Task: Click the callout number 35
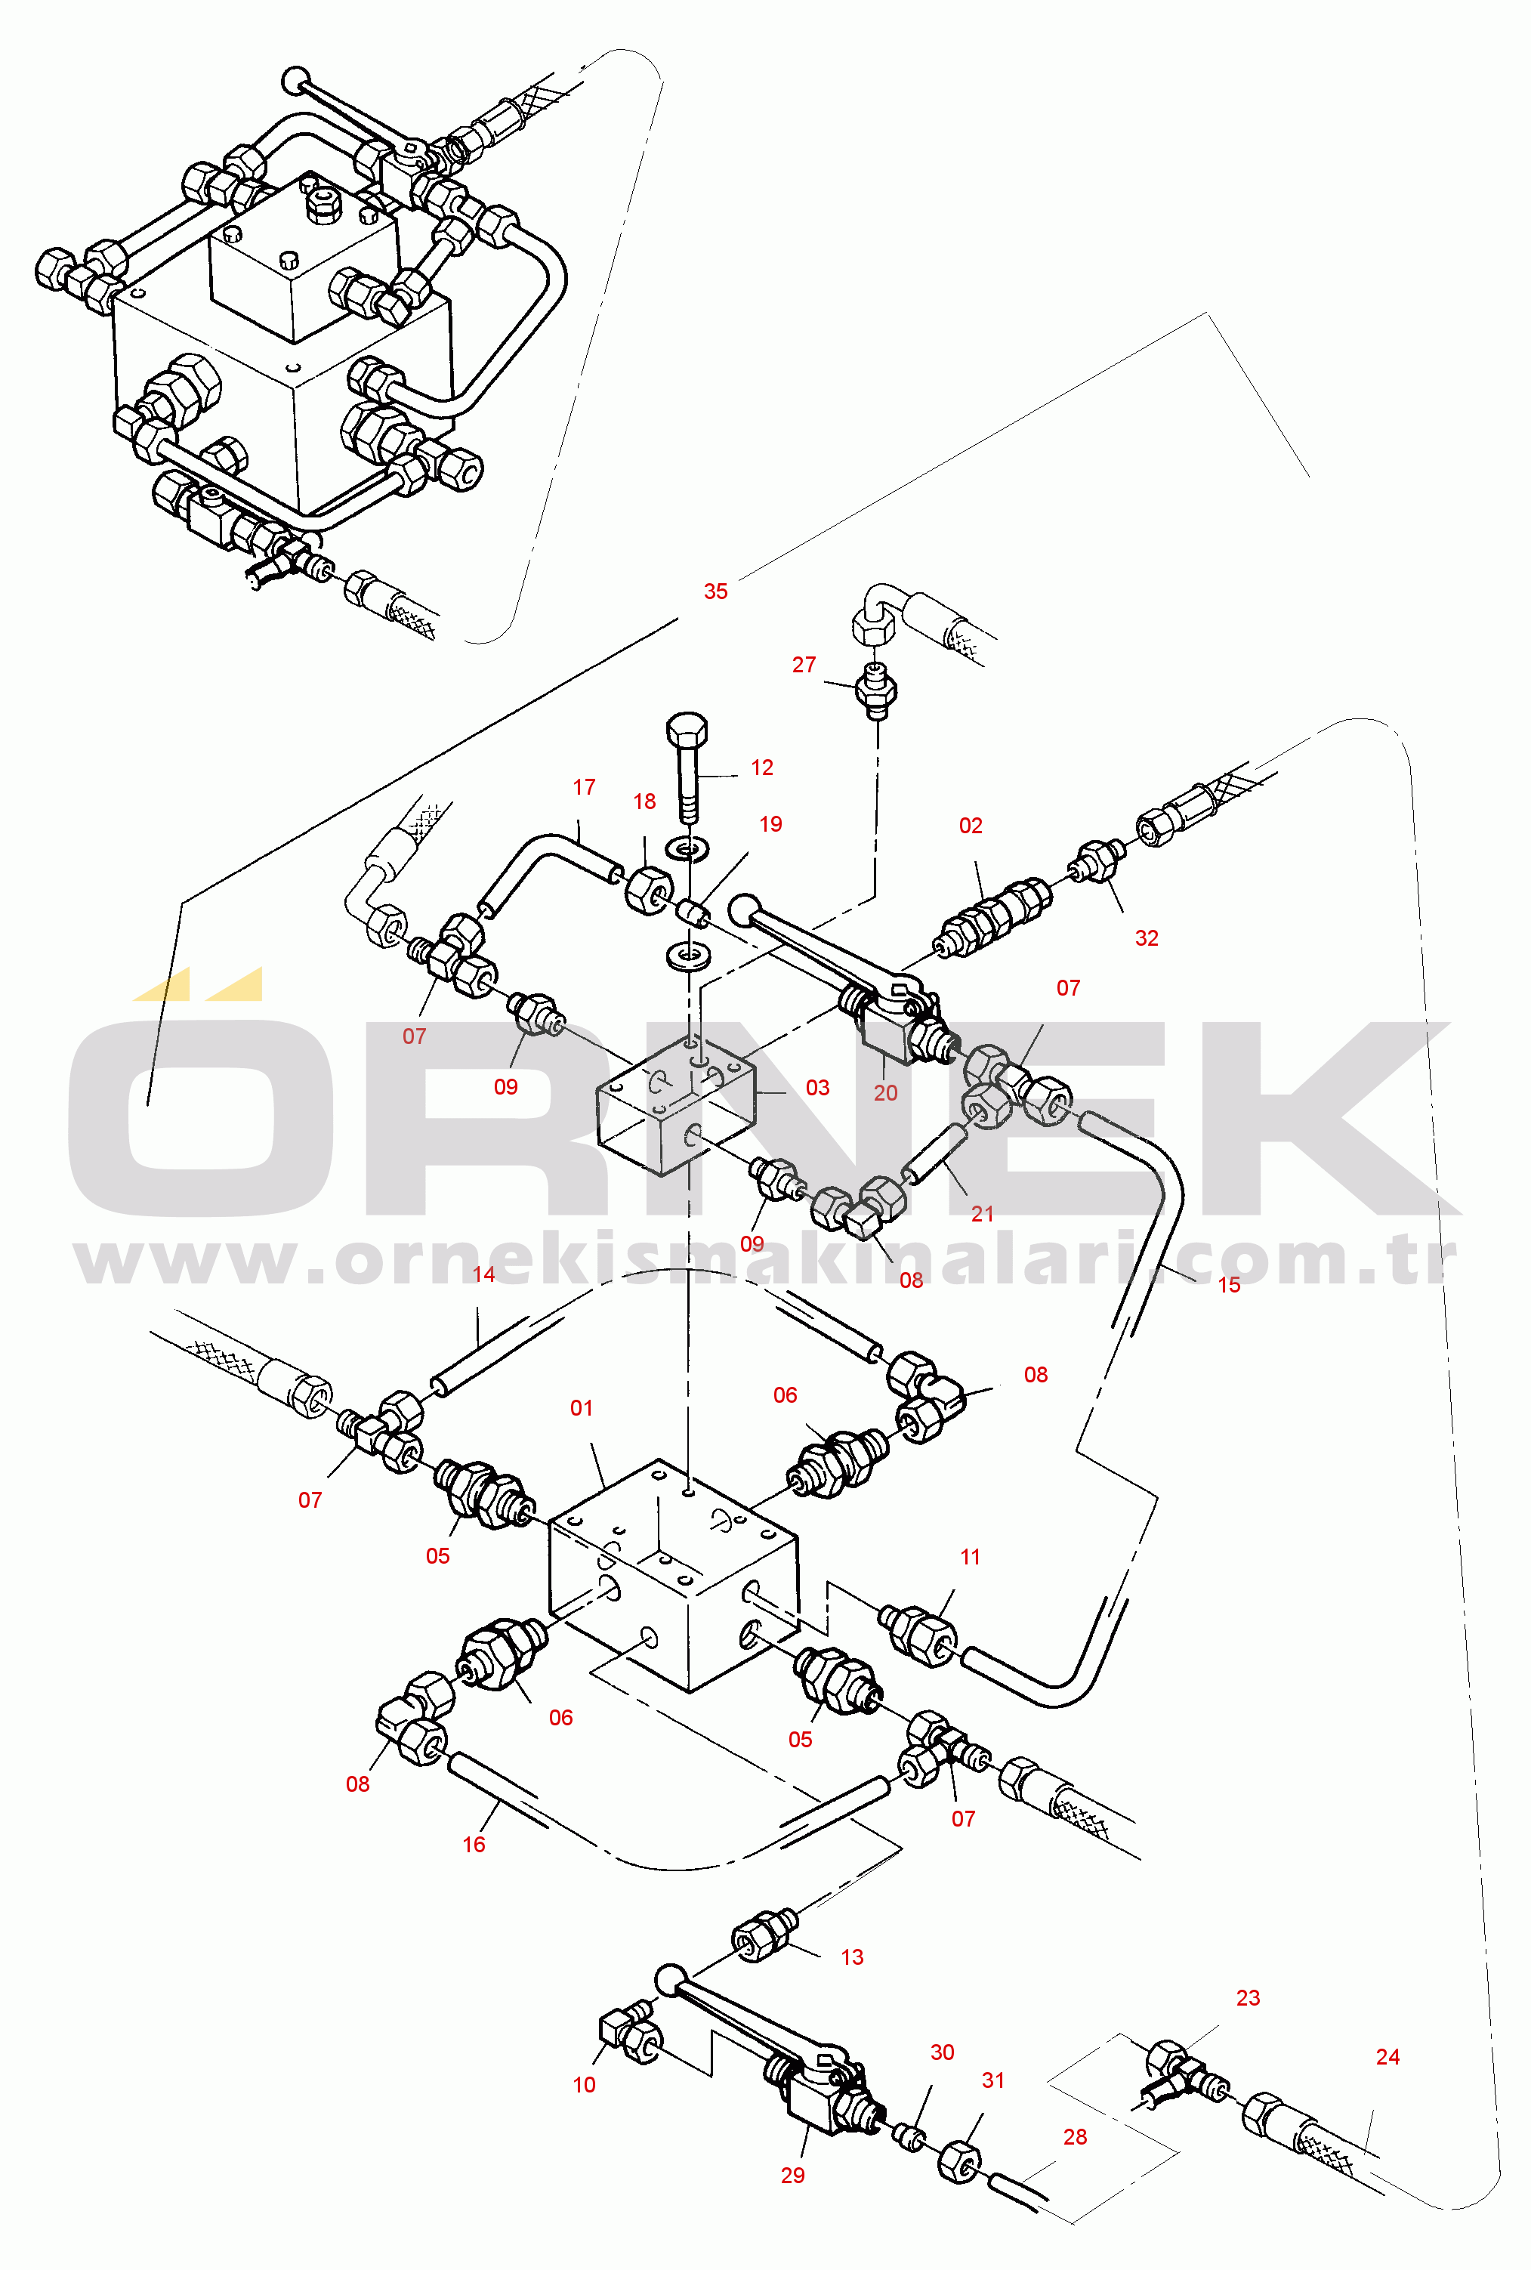[716, 591]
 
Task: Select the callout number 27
[804, 664]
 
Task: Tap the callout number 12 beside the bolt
[761, 767]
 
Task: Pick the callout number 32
[1147, 937]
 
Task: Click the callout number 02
[971, 825]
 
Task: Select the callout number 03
[817, 1087]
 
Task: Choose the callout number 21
[982, 1214]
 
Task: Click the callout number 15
[1228, 1285]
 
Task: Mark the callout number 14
[483, 1274]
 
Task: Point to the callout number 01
[581, 1408]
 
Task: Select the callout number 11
[970, 1556]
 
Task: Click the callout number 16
[474, 1844]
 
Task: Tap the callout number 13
[853, 1957]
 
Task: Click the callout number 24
[1387, 2056]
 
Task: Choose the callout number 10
[584, 2084]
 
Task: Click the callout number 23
[1248, 1997]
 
